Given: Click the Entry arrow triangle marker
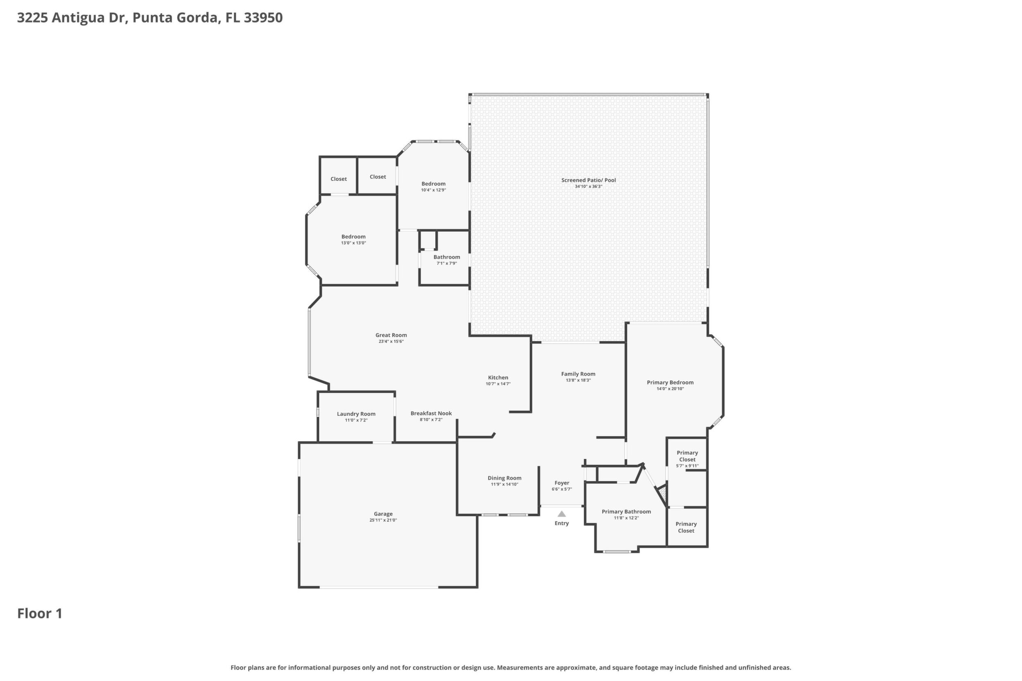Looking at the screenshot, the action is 562,514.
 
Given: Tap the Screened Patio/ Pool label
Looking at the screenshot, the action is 588,180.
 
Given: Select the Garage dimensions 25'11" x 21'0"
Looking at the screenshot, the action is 383,520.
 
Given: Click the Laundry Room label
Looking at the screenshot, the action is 356,414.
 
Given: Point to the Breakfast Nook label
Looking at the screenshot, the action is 431,413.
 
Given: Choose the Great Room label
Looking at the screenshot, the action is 391,335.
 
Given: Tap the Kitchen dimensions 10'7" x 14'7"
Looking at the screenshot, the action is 498,384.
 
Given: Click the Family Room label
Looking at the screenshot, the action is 578,374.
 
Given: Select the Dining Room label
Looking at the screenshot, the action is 504,478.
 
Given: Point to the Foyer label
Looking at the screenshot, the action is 562,483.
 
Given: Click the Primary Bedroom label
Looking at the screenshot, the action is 670,383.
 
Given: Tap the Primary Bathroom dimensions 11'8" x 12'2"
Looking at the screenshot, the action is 626,518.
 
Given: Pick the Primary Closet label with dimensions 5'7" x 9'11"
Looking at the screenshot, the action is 687,456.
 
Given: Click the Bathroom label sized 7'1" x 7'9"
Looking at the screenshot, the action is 447,257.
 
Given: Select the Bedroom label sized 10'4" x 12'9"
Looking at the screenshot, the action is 433,184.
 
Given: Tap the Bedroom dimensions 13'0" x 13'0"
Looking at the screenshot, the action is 353,243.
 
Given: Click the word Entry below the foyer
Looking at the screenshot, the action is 562,523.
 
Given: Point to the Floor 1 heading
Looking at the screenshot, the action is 40,614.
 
